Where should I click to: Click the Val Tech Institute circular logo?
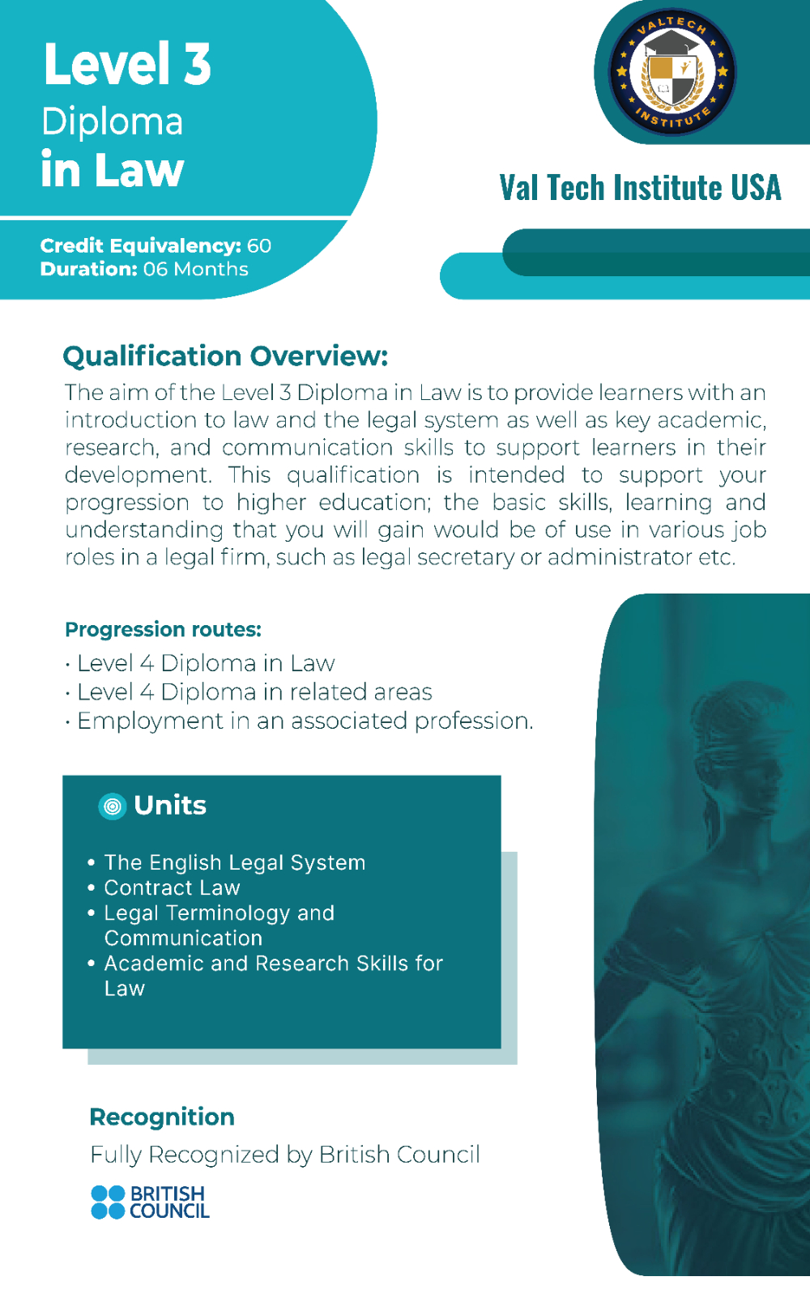(x=672, y=71)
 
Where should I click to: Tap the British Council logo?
(x=151, y=1202)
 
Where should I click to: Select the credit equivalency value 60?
(x=259, y=245)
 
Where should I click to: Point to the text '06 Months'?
(x=195, y=269)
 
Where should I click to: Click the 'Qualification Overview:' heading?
(x=225, y=355)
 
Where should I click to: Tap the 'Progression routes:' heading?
(x=163, y=629)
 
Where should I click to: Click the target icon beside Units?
(x=113, y=806)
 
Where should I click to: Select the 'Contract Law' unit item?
(x=172, y=887)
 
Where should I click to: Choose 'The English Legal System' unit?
(x=235, y=863)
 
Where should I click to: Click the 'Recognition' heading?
(x=162, y=1117)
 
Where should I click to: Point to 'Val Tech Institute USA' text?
(x=640, y=188)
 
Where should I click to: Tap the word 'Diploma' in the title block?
(x=113, y=122)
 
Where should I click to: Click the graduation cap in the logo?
(x=672, y=43)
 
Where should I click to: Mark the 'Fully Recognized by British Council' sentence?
(x=285, y=1155)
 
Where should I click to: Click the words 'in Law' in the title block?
(x=113, y=170)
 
